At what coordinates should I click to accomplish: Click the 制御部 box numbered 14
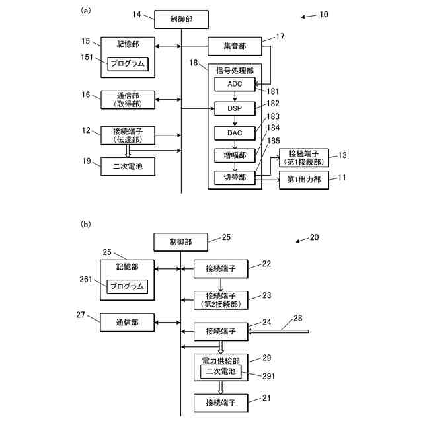181,20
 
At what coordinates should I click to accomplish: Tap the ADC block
235,85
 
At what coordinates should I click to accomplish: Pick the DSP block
235,108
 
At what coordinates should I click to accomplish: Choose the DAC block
235,132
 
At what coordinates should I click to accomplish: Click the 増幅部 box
235,155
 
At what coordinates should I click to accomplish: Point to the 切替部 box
235,179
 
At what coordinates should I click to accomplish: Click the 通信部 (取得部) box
128,100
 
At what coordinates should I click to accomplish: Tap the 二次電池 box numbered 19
128,167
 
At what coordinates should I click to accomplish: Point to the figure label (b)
85,225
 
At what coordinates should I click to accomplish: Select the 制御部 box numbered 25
181,242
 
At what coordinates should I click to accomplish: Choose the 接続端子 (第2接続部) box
221,300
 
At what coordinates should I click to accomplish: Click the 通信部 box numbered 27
128,322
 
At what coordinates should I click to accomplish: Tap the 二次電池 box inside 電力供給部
221,371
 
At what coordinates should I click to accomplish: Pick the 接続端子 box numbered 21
221,401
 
